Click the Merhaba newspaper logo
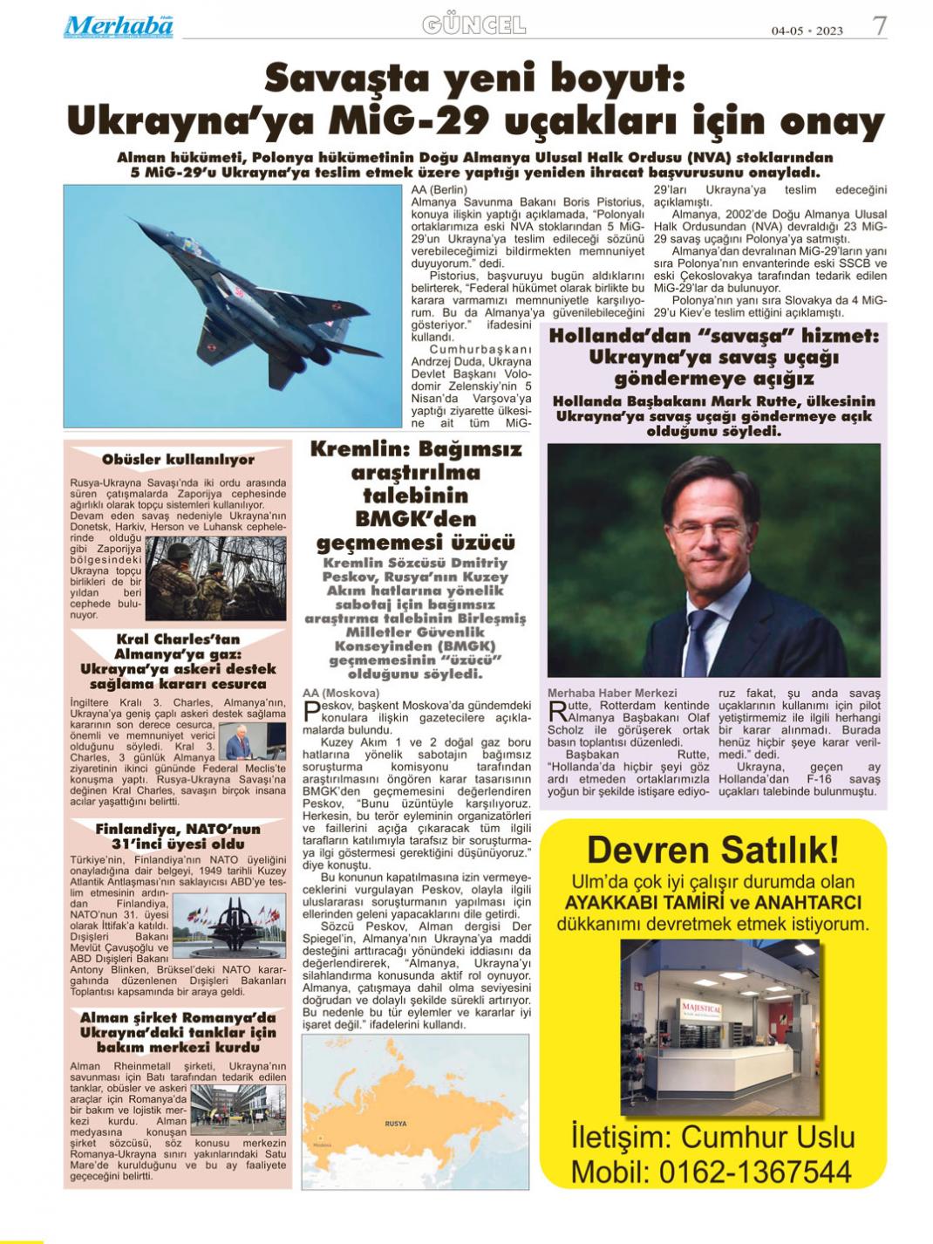pyautogui.click(x=119, y=26)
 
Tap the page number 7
pyautogui.click(x=880, y=26)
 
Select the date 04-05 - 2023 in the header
pyautogui.click(x=807, y=31)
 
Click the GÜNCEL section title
pyautogui.click(x=473, y=25)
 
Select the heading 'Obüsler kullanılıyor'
pyautogui.click(x=178, y=460)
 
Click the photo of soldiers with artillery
pyautogui.click(x=215, y=576)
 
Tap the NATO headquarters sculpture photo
pyautogui.click(x=229, y=925)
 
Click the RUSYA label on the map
pyautogui.click(x=395, y=1124)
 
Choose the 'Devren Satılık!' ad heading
pyautogui.click(x=712, y=848)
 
